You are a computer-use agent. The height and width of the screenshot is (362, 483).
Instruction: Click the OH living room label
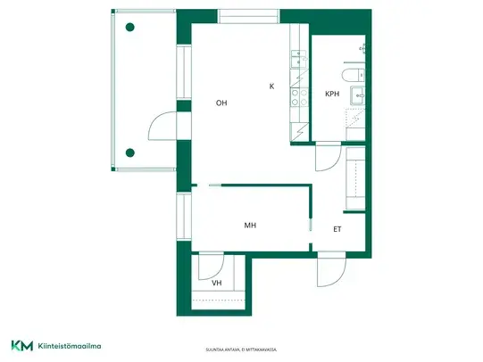221,103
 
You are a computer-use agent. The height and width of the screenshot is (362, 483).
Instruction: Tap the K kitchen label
271,86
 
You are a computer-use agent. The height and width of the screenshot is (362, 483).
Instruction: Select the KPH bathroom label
332,94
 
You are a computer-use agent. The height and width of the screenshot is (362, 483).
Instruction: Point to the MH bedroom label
250,226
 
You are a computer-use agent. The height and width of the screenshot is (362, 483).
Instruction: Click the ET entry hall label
337,229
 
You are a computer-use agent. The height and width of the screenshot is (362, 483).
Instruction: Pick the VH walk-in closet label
217,283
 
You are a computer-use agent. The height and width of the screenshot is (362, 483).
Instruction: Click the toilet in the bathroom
353,75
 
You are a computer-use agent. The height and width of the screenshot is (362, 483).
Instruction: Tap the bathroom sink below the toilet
358,95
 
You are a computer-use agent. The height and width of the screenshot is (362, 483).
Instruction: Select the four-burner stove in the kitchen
300,97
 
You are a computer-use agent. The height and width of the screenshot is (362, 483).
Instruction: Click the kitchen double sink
298,59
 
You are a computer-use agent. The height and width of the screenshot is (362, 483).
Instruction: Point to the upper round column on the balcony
130,28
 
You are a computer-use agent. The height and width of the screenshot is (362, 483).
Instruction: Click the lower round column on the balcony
130,152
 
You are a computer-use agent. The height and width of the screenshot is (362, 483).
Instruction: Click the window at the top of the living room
248,16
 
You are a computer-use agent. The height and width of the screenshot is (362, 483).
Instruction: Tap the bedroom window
184,216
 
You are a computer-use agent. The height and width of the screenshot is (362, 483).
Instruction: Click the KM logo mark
22,345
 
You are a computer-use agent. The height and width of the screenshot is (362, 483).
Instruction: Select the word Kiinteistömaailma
70,346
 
